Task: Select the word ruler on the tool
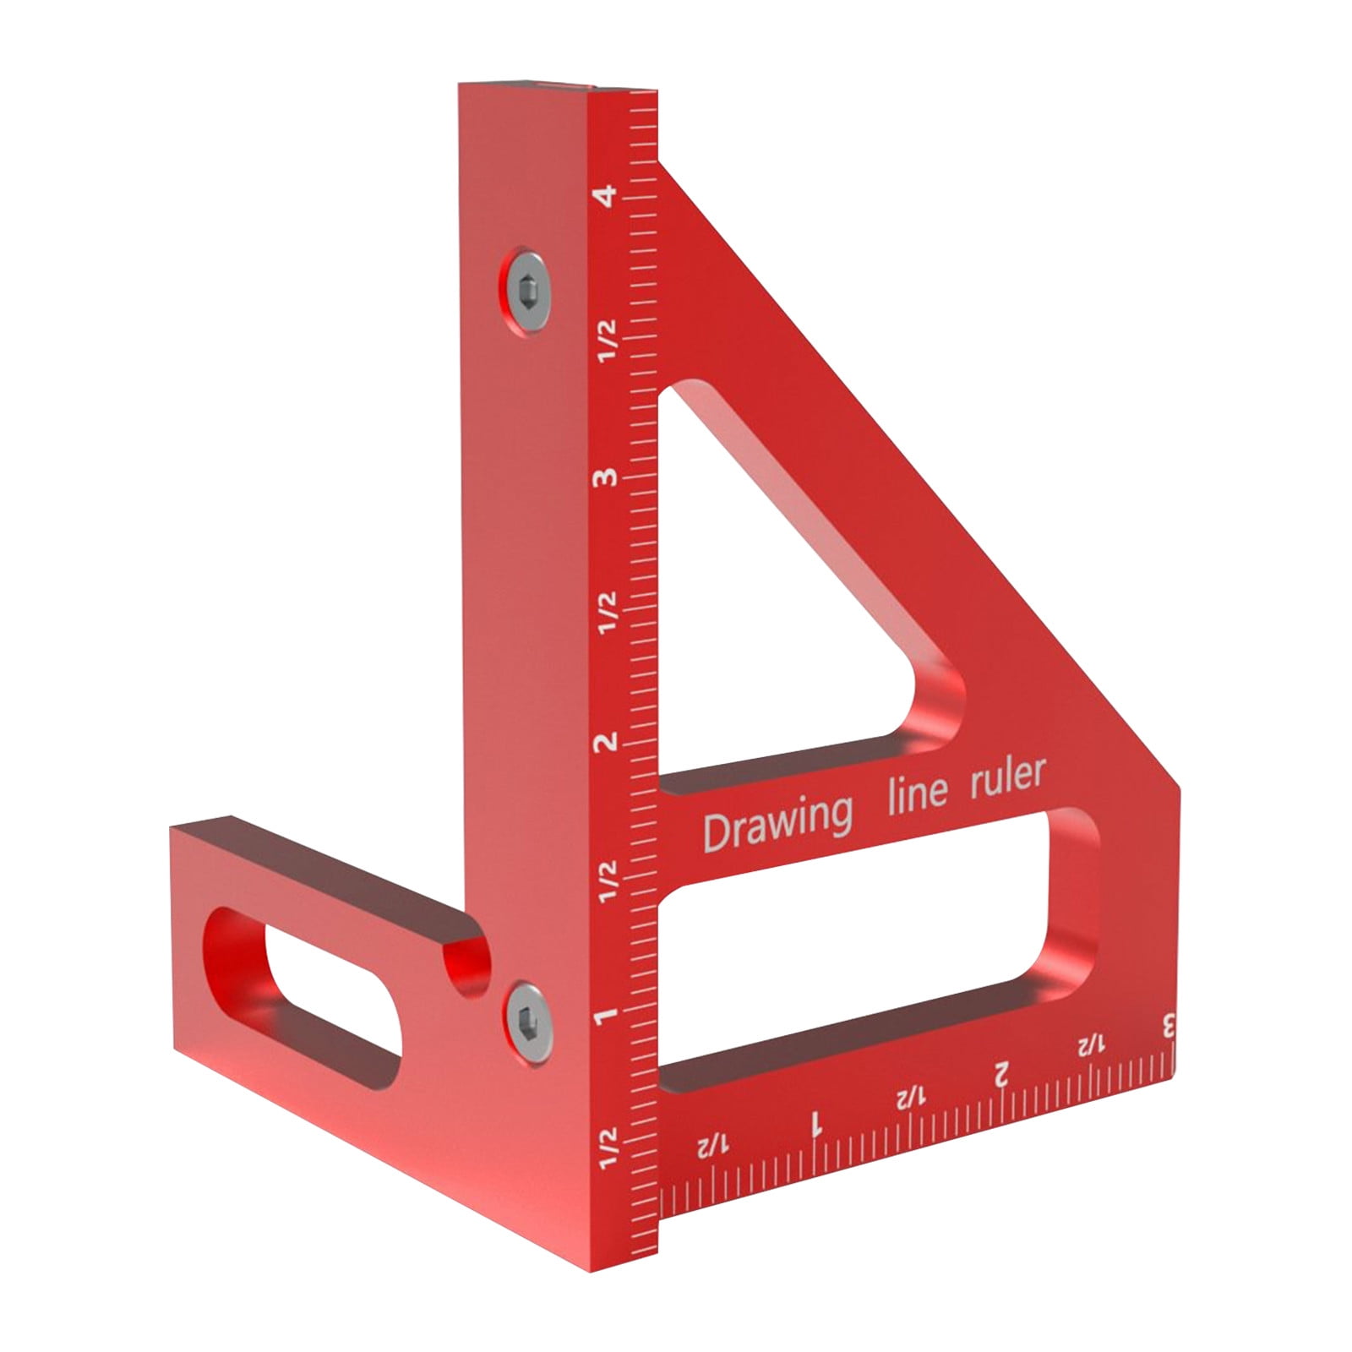coord(1007,776)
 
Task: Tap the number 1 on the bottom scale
coord(816,1123)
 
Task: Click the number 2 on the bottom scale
coord(1001,1074)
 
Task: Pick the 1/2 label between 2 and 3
coord(607,613)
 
